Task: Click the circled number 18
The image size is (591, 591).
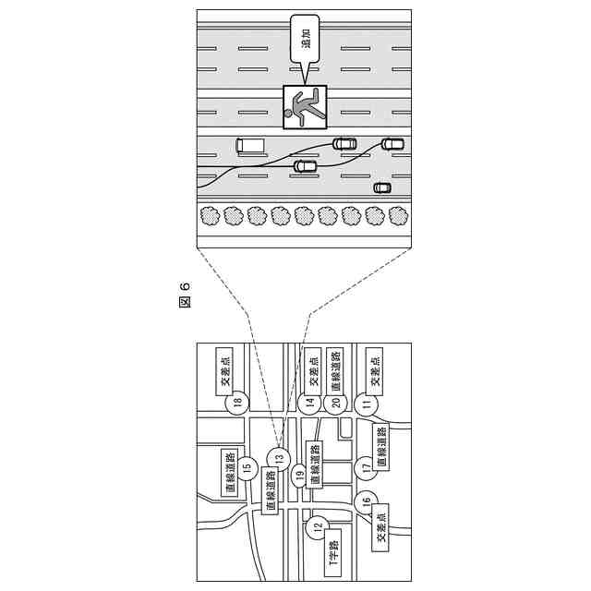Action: [238, 402]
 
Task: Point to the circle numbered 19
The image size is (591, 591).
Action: [299, 476]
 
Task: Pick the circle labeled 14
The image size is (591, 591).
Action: [310, 402]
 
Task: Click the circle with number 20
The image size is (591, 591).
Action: [336, 402]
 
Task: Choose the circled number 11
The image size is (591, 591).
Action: [368, 404]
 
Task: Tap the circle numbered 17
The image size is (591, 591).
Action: [366, 467]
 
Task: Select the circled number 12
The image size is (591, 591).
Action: [317, 528]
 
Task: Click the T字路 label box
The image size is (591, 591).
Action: [333, 553]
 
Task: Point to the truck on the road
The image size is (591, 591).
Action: [249, 145]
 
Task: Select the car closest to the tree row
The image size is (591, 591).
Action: [381, 187]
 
